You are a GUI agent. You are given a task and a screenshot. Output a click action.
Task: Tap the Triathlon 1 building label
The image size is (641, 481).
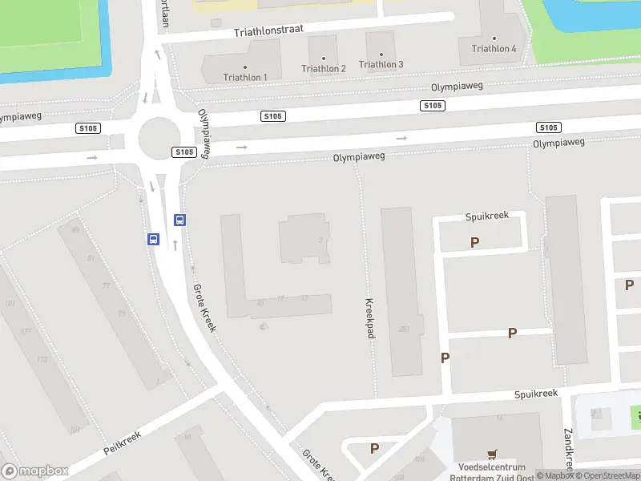tap(245, 77)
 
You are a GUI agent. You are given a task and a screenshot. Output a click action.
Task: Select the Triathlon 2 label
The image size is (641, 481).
tap(324, 69)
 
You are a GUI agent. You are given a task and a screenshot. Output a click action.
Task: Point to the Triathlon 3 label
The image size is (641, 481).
tap(381, 64)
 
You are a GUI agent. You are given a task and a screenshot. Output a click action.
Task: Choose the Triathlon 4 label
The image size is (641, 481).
tap(494, 49)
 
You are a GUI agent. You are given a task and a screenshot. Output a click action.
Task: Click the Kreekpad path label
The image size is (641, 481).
tap(370, 318)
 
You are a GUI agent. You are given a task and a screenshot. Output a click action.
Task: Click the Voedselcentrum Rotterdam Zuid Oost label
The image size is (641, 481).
tap(492, 473)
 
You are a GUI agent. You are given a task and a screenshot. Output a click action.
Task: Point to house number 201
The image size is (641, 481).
tap(404, 328)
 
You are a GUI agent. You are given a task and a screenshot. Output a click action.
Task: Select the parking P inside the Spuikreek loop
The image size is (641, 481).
tap(475, 241)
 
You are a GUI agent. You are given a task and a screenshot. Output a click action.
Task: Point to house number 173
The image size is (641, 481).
tap(42, 359)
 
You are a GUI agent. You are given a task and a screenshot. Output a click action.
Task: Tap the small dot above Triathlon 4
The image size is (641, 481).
tap(494, 38)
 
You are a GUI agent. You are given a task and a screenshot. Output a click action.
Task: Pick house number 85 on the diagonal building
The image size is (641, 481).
tap(76, 230)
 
